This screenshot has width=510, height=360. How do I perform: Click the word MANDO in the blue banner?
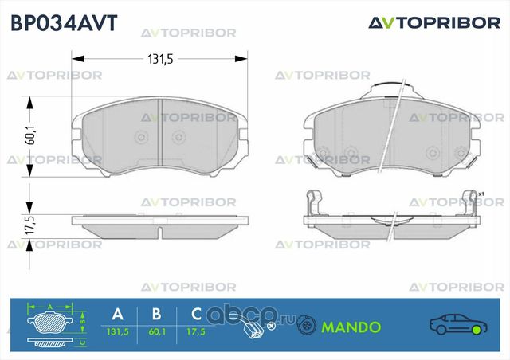click(x=351, y=327)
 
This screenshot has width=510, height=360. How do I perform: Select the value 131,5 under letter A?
click(x=118, y=331)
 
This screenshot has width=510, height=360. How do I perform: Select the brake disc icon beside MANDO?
click(x=305, y=325)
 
